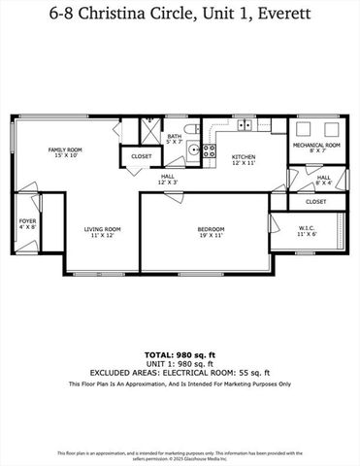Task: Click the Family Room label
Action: tap(66, 151)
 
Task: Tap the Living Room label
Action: tap(100, 231)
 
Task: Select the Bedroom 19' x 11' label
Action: tap(204, 231)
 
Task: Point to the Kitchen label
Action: tap(243, 158)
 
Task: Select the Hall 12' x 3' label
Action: tap(168, 179)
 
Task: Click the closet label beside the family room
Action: tap(141, 155)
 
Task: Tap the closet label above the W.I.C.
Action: tap(315, 201)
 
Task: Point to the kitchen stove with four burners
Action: tap(209, 150)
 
